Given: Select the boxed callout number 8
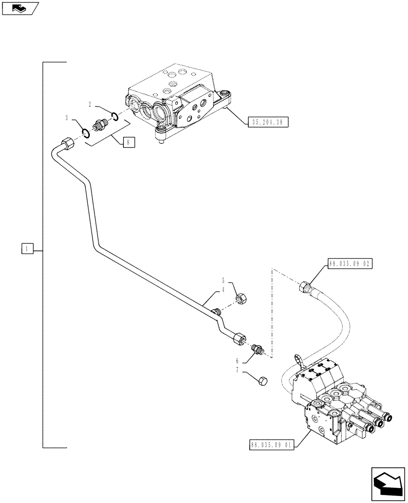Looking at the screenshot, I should (x=128, y=143).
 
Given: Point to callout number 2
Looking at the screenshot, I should (x=89, y=105).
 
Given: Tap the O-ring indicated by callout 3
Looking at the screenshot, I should (x=86, y=133).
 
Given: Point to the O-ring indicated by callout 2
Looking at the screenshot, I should (x=115, y=117).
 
